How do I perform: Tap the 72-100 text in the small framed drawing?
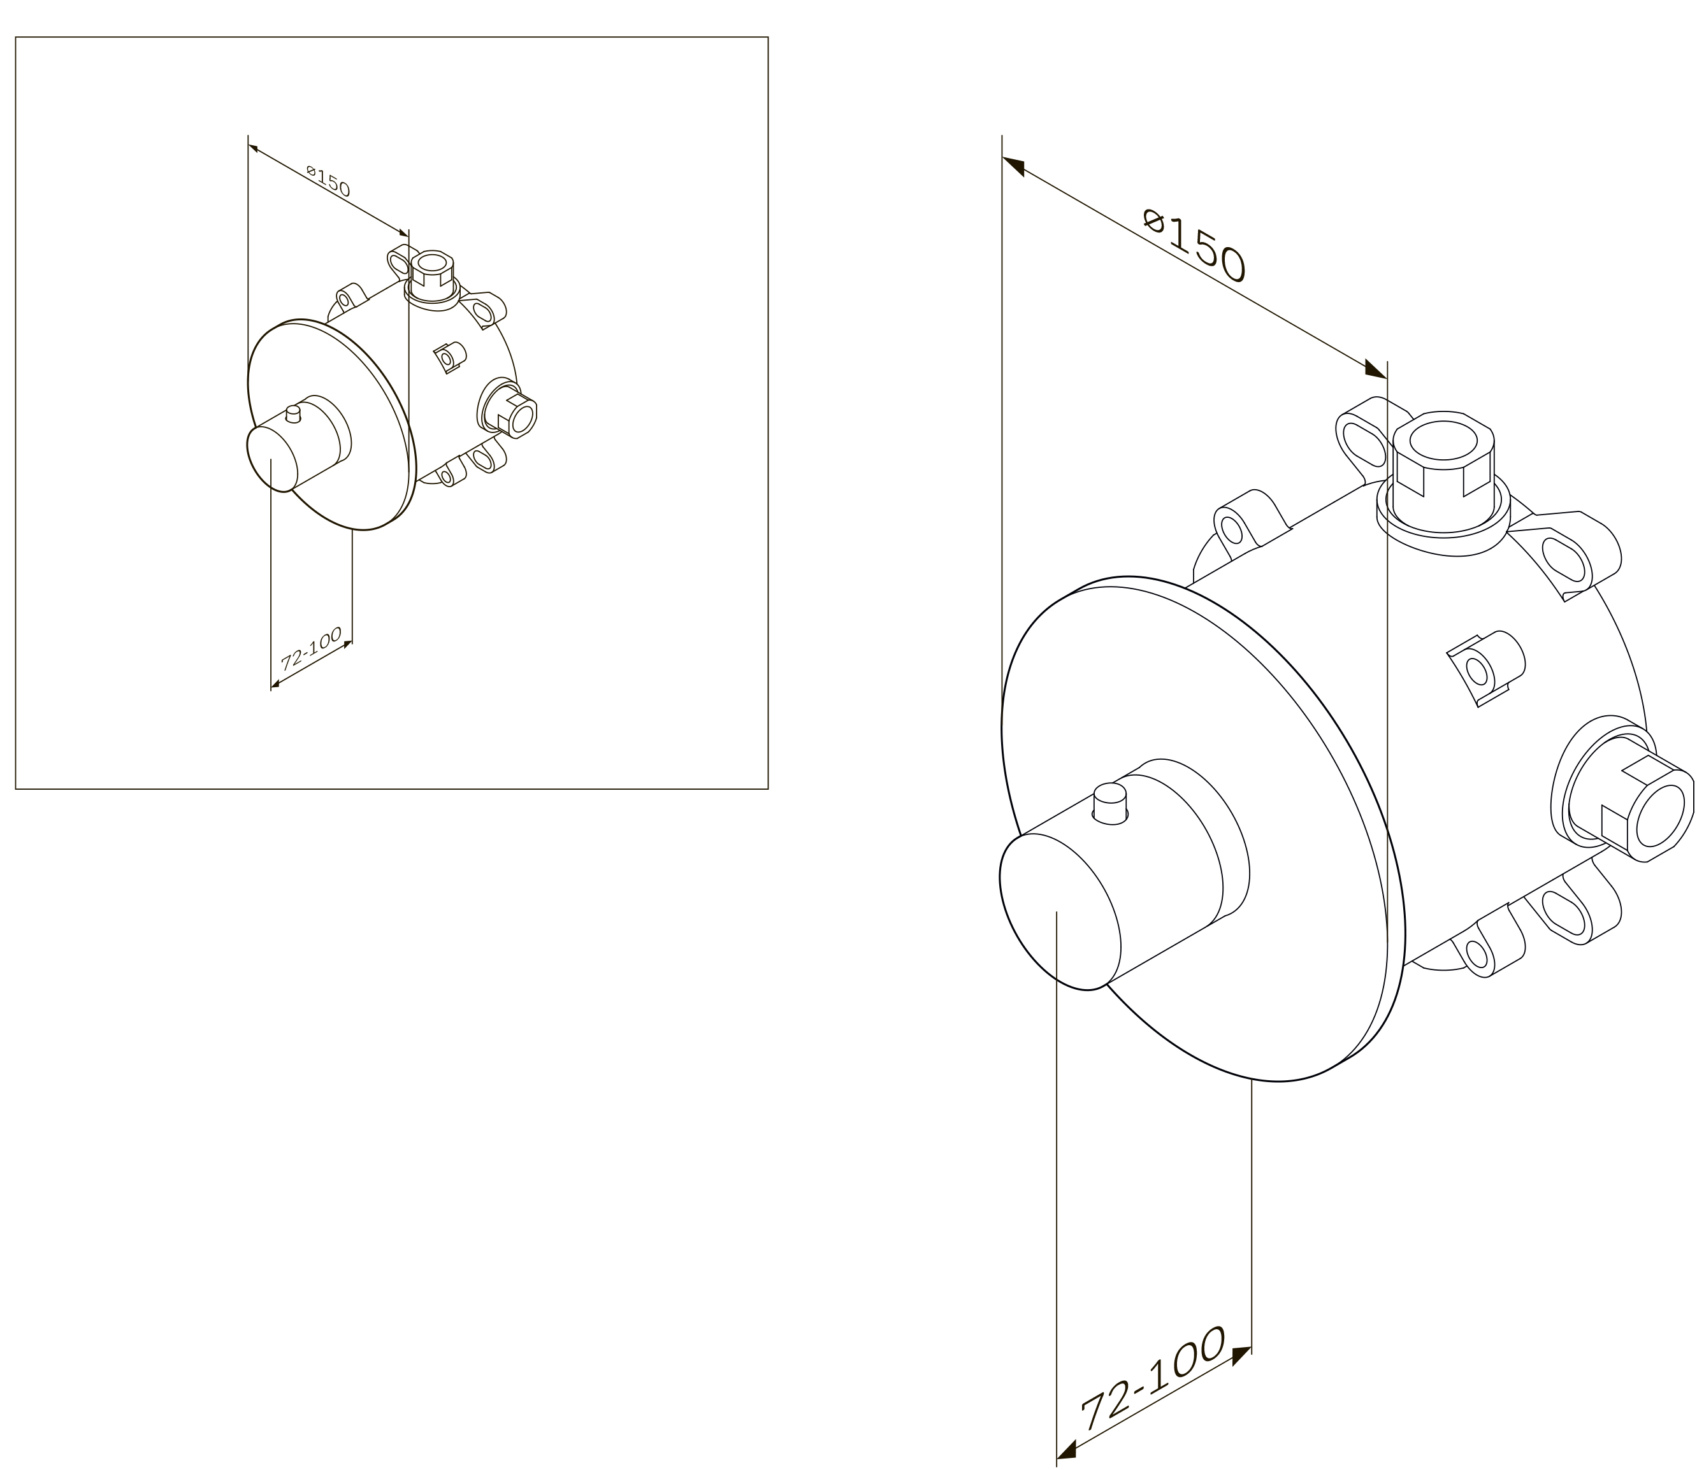(311, 650)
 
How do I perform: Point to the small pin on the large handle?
(1111, 804)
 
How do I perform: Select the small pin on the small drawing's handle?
(293, 413)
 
